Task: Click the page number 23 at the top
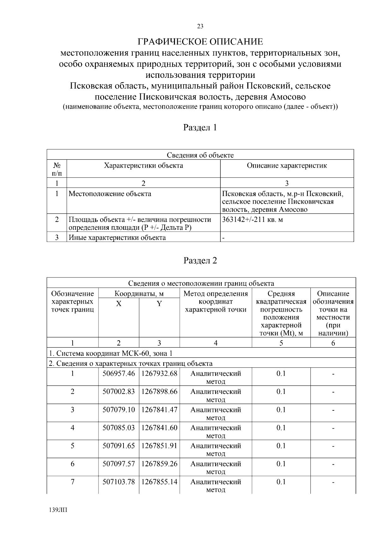200,27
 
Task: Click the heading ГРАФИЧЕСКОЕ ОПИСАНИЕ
200,42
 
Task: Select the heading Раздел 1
200,128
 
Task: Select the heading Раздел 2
200,261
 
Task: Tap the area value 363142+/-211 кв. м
252,219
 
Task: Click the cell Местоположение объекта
110,194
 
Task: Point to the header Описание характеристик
287,165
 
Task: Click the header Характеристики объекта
143,165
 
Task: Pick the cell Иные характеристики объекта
117,237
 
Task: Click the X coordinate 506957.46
118,373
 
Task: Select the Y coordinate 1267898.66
159,391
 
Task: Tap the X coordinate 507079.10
118,409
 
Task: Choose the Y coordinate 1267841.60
159,427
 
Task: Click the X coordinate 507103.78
118,482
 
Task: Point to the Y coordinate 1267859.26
159,464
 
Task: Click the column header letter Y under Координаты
159,304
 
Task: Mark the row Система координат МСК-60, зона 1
111,353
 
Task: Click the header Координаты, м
139,294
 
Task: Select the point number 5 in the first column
72,446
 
